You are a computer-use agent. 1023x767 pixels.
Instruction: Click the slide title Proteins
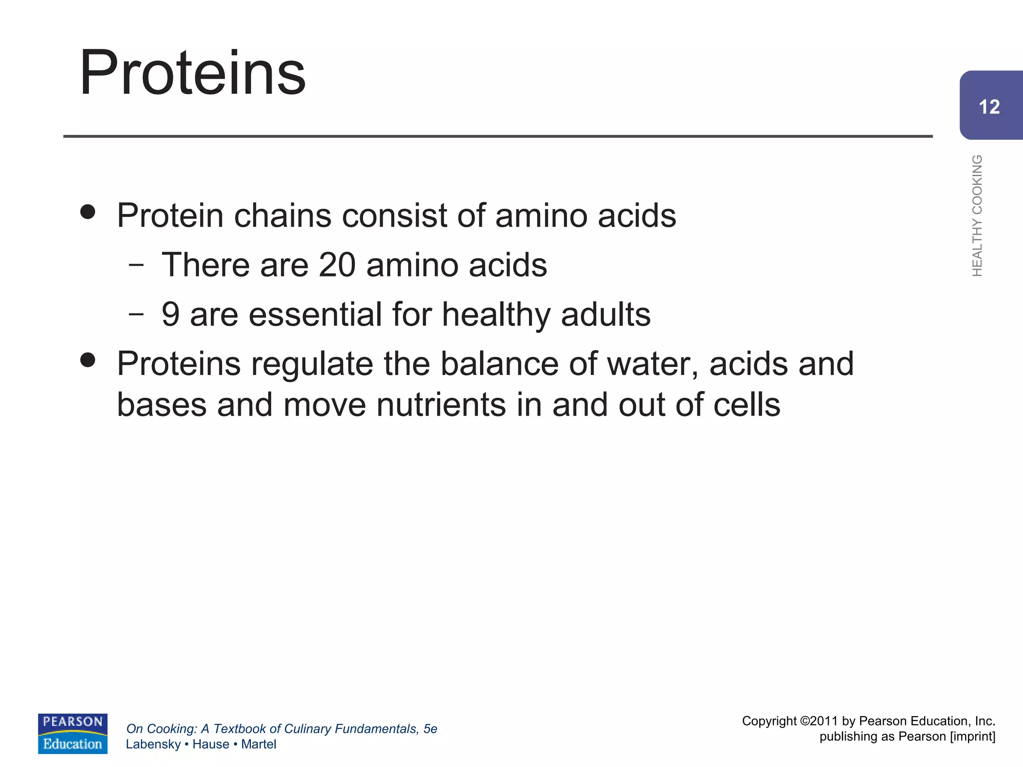click(192, 73)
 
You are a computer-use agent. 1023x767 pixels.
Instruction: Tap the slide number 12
click(989, 107)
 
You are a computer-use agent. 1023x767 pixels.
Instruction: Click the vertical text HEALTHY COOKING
click(977, 215)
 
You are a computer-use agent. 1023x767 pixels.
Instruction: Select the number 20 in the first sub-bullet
click(337, 265)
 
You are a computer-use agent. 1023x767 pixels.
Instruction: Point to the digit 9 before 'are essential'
click(170, 315)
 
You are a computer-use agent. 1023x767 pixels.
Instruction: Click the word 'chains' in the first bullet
click(282, 216)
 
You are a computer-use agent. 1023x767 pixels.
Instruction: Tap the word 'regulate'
click(312, 364)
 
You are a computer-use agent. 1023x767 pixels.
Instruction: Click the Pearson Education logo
click(72, 733)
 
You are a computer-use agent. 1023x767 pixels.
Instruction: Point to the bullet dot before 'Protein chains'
click(87, 212)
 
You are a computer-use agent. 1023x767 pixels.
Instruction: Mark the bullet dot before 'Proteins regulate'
click(87, 360)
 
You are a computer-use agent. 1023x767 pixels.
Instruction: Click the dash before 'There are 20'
click(135, 265)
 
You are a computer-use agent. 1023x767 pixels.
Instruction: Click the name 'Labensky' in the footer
click(153, 744)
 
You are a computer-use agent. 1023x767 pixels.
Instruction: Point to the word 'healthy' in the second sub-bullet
click(497, 315)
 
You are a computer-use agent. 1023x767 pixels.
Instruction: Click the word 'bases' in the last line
click(161, 404)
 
